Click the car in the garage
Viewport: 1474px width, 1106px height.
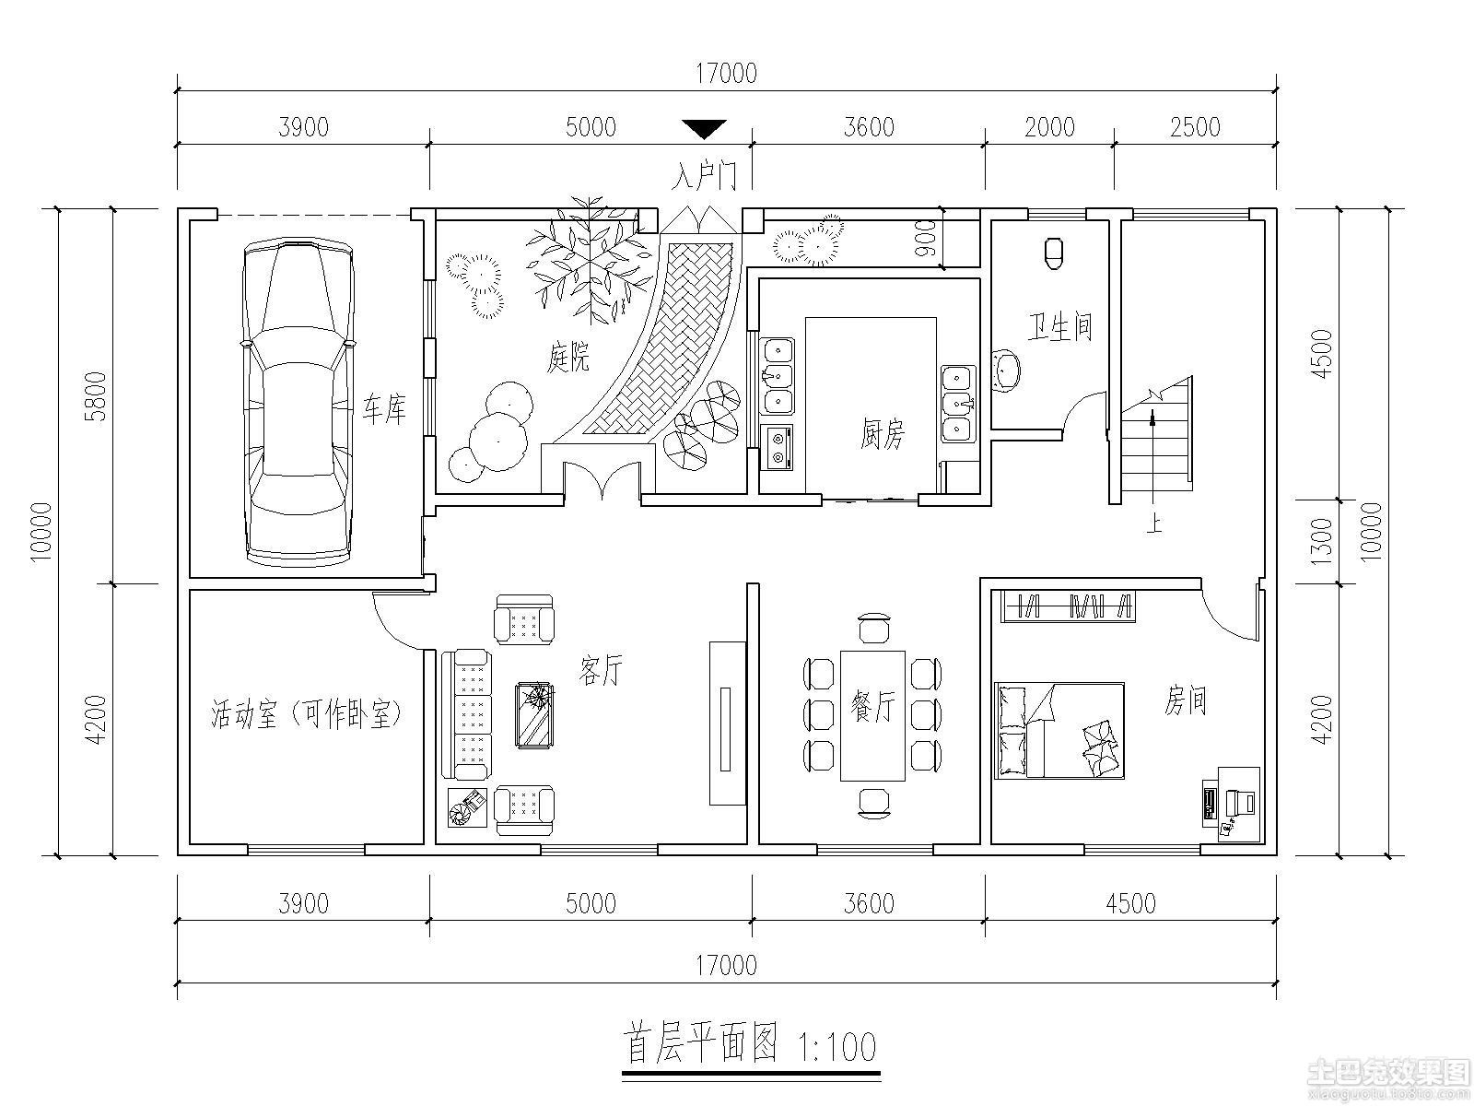pyautogui.click(x=298, y=403)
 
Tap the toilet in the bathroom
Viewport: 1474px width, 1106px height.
pyautogui.click(x=1054, y=253)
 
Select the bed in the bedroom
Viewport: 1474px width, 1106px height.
pyautogui.click(x=1059, y=731)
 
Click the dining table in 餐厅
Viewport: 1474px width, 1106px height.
pyautogui.click(x=872, y=715)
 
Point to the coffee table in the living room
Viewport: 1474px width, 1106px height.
pyautogui.click(x=534, y=715)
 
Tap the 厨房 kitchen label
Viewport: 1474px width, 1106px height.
pyautogui.click(x=882, y=434)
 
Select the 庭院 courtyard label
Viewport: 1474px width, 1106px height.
pyautogui.click(x=568, y=356)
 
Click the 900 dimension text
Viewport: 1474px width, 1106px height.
pyautogui.click(x=925, y=239)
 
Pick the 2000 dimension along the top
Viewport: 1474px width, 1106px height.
pyautogui.click(x=1049, y=127)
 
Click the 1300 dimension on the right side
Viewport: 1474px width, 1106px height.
pyautogui.click(x=1322, y=541)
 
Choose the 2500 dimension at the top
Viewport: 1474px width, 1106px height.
pyautogui.click(x=1195, y=127)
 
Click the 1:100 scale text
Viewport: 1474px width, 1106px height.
pyautogui.click(x=836, y=1047)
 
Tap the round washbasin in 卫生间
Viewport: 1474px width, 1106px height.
pyautogui.click(x=1006, y=370)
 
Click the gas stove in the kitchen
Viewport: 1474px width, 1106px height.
pyautogui.click(x=777, y=447)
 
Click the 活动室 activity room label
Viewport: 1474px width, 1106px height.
pyautogui.click(x=243, y=713)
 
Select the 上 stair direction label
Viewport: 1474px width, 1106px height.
pyautogui.click(x=1154, y=524)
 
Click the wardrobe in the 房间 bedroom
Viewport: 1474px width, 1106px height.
pyautogui.click(x=1069, y=606)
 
